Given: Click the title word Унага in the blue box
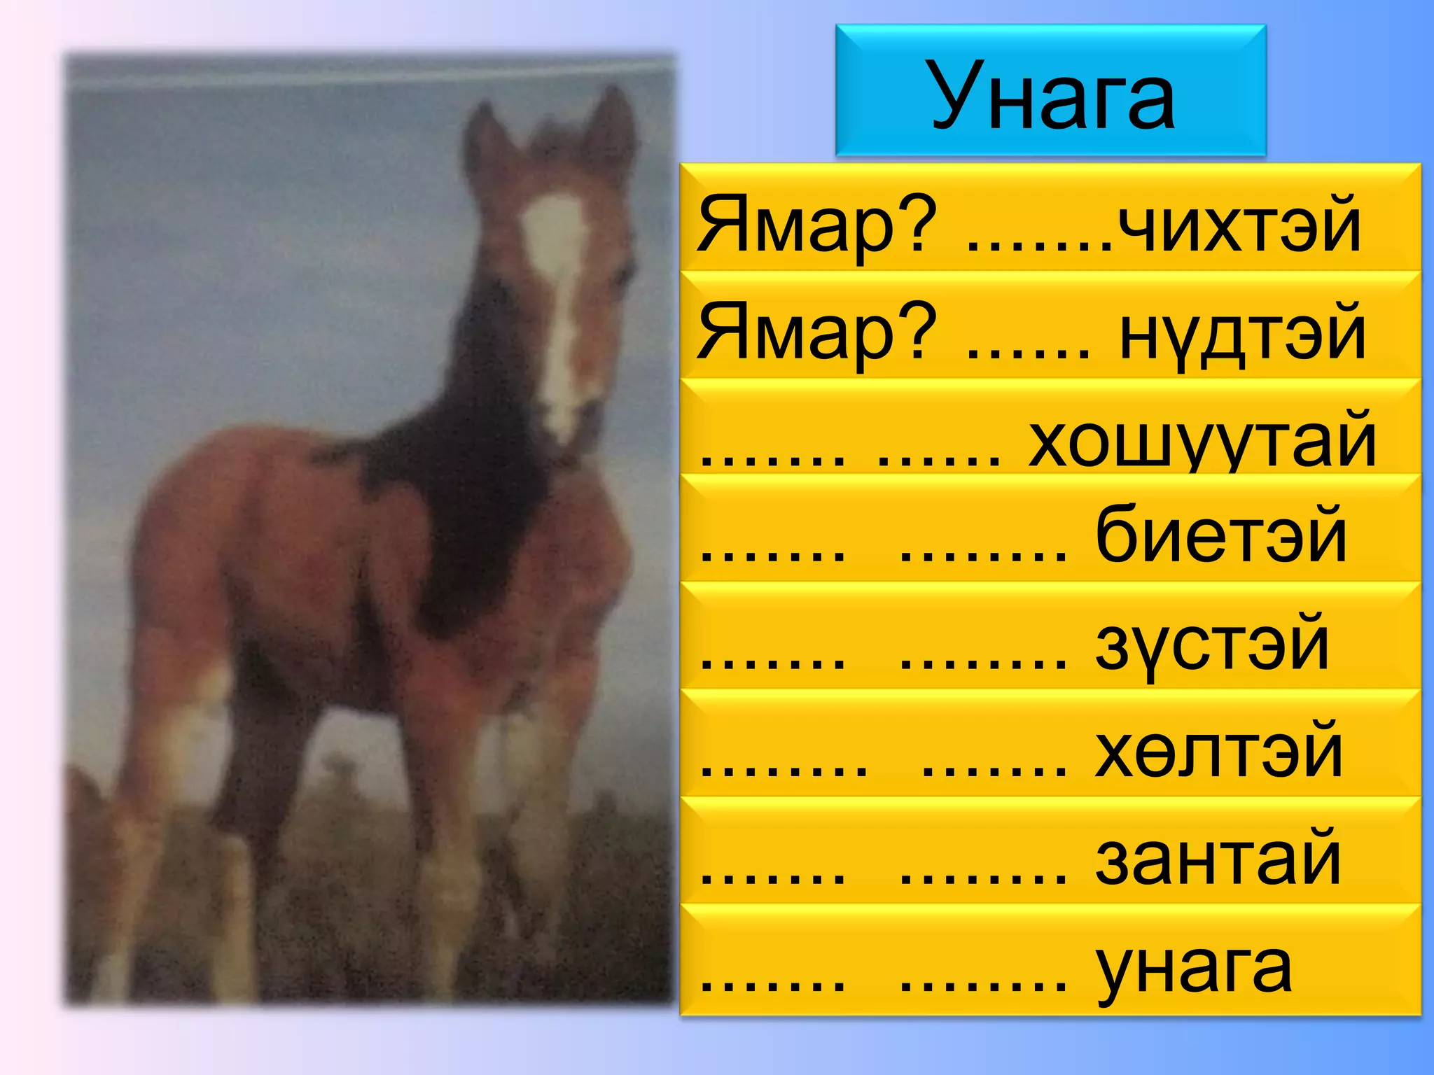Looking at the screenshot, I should pos(1052,94).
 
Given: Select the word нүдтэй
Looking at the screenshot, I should pos(1243,333).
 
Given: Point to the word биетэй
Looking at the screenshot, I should pos(1220,536).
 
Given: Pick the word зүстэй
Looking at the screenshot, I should pos(1212,645).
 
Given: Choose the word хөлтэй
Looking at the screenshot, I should pos(1219,752).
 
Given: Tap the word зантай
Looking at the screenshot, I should pos(1218,859).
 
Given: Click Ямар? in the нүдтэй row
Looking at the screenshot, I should pos(816,333).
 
